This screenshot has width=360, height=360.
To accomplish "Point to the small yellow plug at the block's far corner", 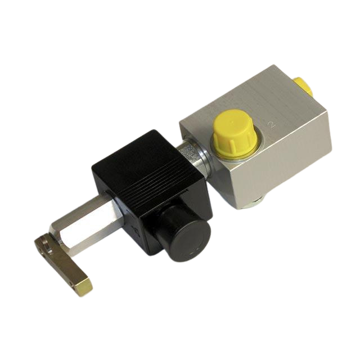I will [304, 87].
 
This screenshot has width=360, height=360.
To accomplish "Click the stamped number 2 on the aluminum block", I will [273, 124].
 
